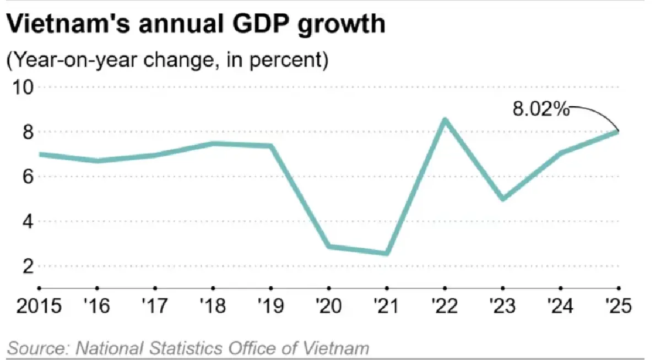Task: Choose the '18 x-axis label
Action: [x=213, y=305]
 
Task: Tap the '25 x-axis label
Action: [x=617, y=305]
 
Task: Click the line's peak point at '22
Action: [x=445, y=119]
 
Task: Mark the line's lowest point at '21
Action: [x=387, y=253]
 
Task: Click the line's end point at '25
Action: [x=618, y=131]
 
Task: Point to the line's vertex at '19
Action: [x=271, y=146]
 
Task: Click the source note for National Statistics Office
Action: [x=188, y=348]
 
